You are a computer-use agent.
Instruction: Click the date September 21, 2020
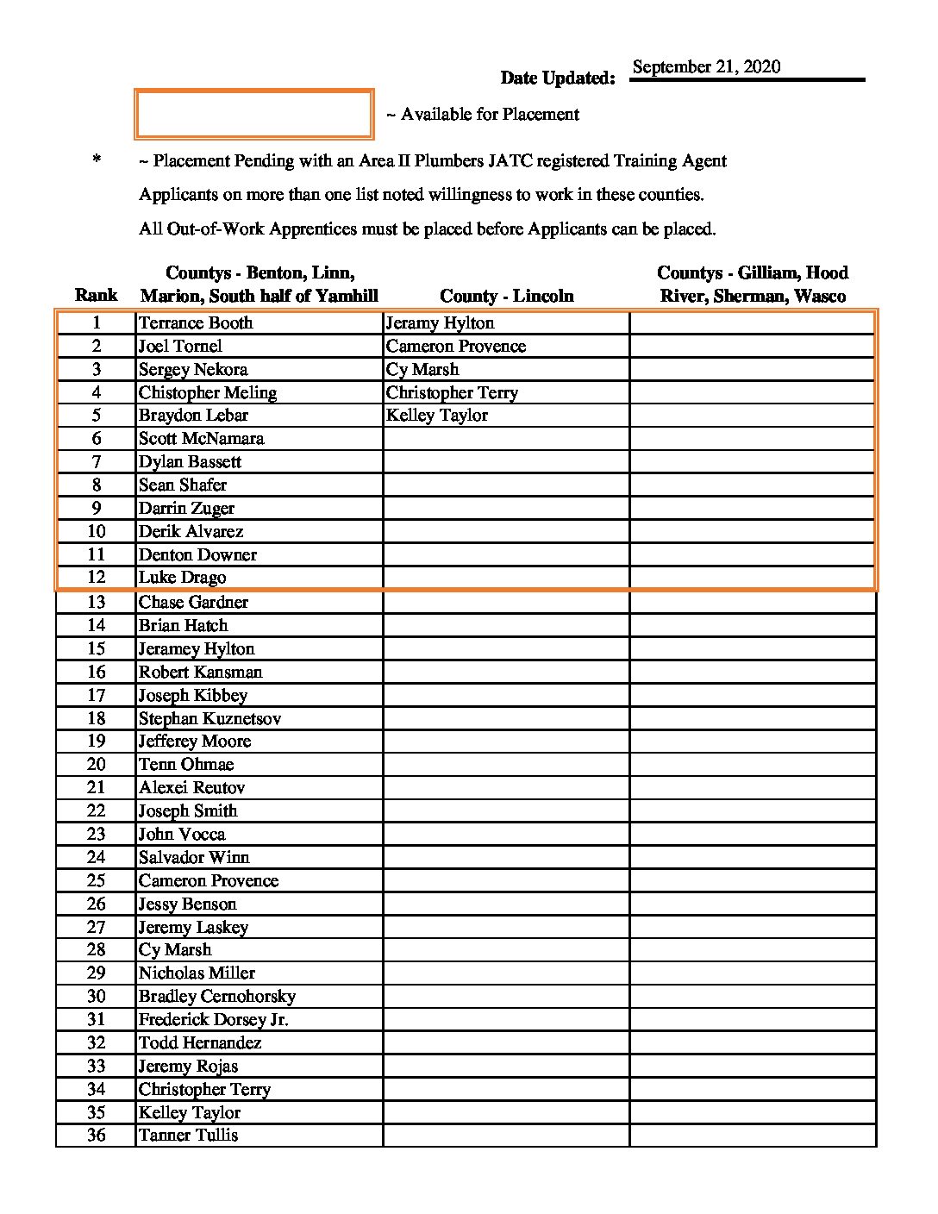[706, 67]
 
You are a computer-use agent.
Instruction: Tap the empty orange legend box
[253, 114]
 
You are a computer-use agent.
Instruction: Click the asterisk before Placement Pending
[97, 160]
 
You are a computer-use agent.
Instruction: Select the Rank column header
[96, 296]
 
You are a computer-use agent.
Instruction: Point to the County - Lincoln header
[506, 296]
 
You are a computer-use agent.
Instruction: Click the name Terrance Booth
[196, 323]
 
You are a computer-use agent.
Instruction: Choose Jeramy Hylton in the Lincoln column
[440, 323]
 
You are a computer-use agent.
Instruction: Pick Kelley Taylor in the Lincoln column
[437, 416]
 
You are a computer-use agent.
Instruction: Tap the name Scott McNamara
[201, 439]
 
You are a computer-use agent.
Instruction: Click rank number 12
[96, 578]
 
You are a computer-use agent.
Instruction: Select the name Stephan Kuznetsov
[209, 718]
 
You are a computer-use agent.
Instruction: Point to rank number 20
[96, 765]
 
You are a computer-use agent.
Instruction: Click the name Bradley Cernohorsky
[217, 997]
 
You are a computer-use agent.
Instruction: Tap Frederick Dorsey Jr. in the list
[214, 1020]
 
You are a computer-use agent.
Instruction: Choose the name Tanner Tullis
[188, 1136]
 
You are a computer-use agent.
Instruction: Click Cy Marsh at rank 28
[175, 950]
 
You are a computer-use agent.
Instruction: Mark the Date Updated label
[558, 78]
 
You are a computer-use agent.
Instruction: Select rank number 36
[96, 1136]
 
